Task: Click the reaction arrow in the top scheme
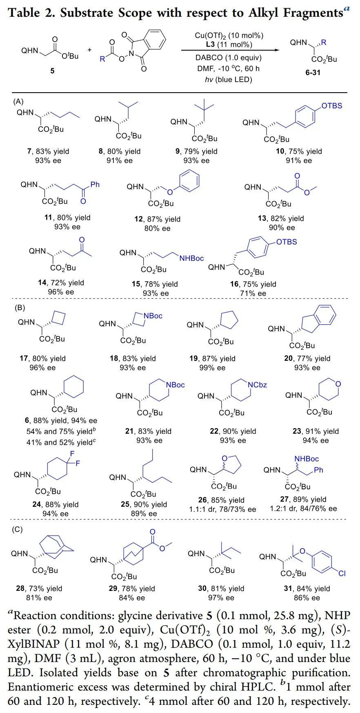[231, 51]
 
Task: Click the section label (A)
[19, 101]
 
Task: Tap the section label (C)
[19, 530]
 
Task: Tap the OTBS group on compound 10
[332, 106]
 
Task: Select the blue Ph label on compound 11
[95, 185]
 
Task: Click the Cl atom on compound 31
[342, 573]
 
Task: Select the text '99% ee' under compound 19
[213, 368]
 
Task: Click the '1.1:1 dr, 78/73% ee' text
[223, 509]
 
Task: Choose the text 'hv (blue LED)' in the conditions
[228, 79]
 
